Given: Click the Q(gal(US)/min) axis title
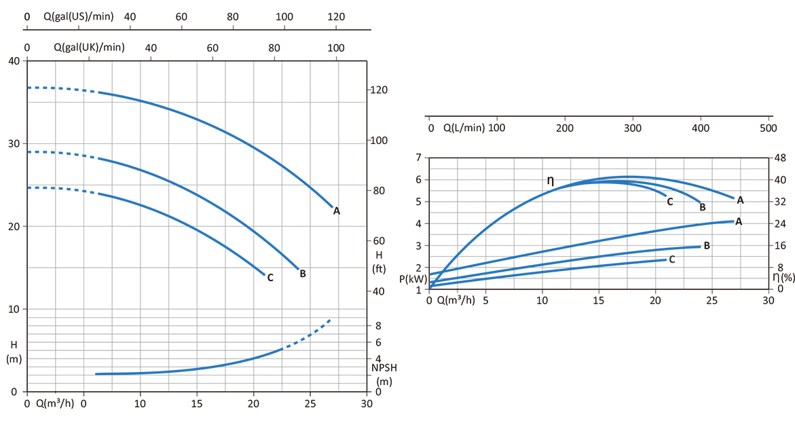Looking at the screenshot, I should coord(82,16).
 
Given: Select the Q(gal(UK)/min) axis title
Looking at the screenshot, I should coord(89,48).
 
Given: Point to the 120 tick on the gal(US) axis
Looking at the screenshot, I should coord(337,16).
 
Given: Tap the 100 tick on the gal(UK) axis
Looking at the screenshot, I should coord(335,48).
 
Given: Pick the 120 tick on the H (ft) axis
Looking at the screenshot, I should coord(378,90).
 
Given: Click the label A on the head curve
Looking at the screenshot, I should coord(336,211).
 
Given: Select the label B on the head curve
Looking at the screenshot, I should coord(303,274).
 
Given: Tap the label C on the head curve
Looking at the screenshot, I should coord(270,277).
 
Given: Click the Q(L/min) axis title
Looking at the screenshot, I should coord(464,128).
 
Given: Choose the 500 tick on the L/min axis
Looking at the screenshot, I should coord(768,128).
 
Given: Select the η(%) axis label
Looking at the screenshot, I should coord(785,278).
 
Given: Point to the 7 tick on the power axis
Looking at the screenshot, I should coord(419,158).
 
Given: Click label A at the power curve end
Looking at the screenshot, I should coord(738,221).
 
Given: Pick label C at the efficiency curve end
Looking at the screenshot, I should coord(669,201).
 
